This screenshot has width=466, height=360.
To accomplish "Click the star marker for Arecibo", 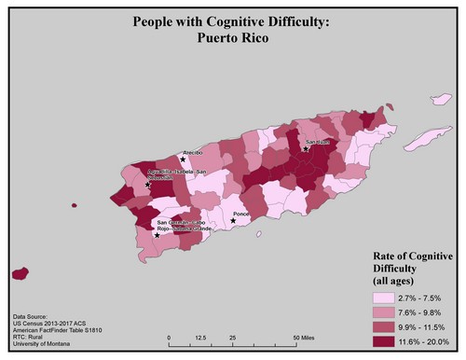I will pos(183,159).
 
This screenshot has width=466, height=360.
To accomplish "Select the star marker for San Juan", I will pos(307,148).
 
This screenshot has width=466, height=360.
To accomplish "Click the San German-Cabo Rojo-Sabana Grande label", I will pos(181,227).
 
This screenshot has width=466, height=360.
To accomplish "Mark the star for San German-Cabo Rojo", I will pos(157,235).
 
